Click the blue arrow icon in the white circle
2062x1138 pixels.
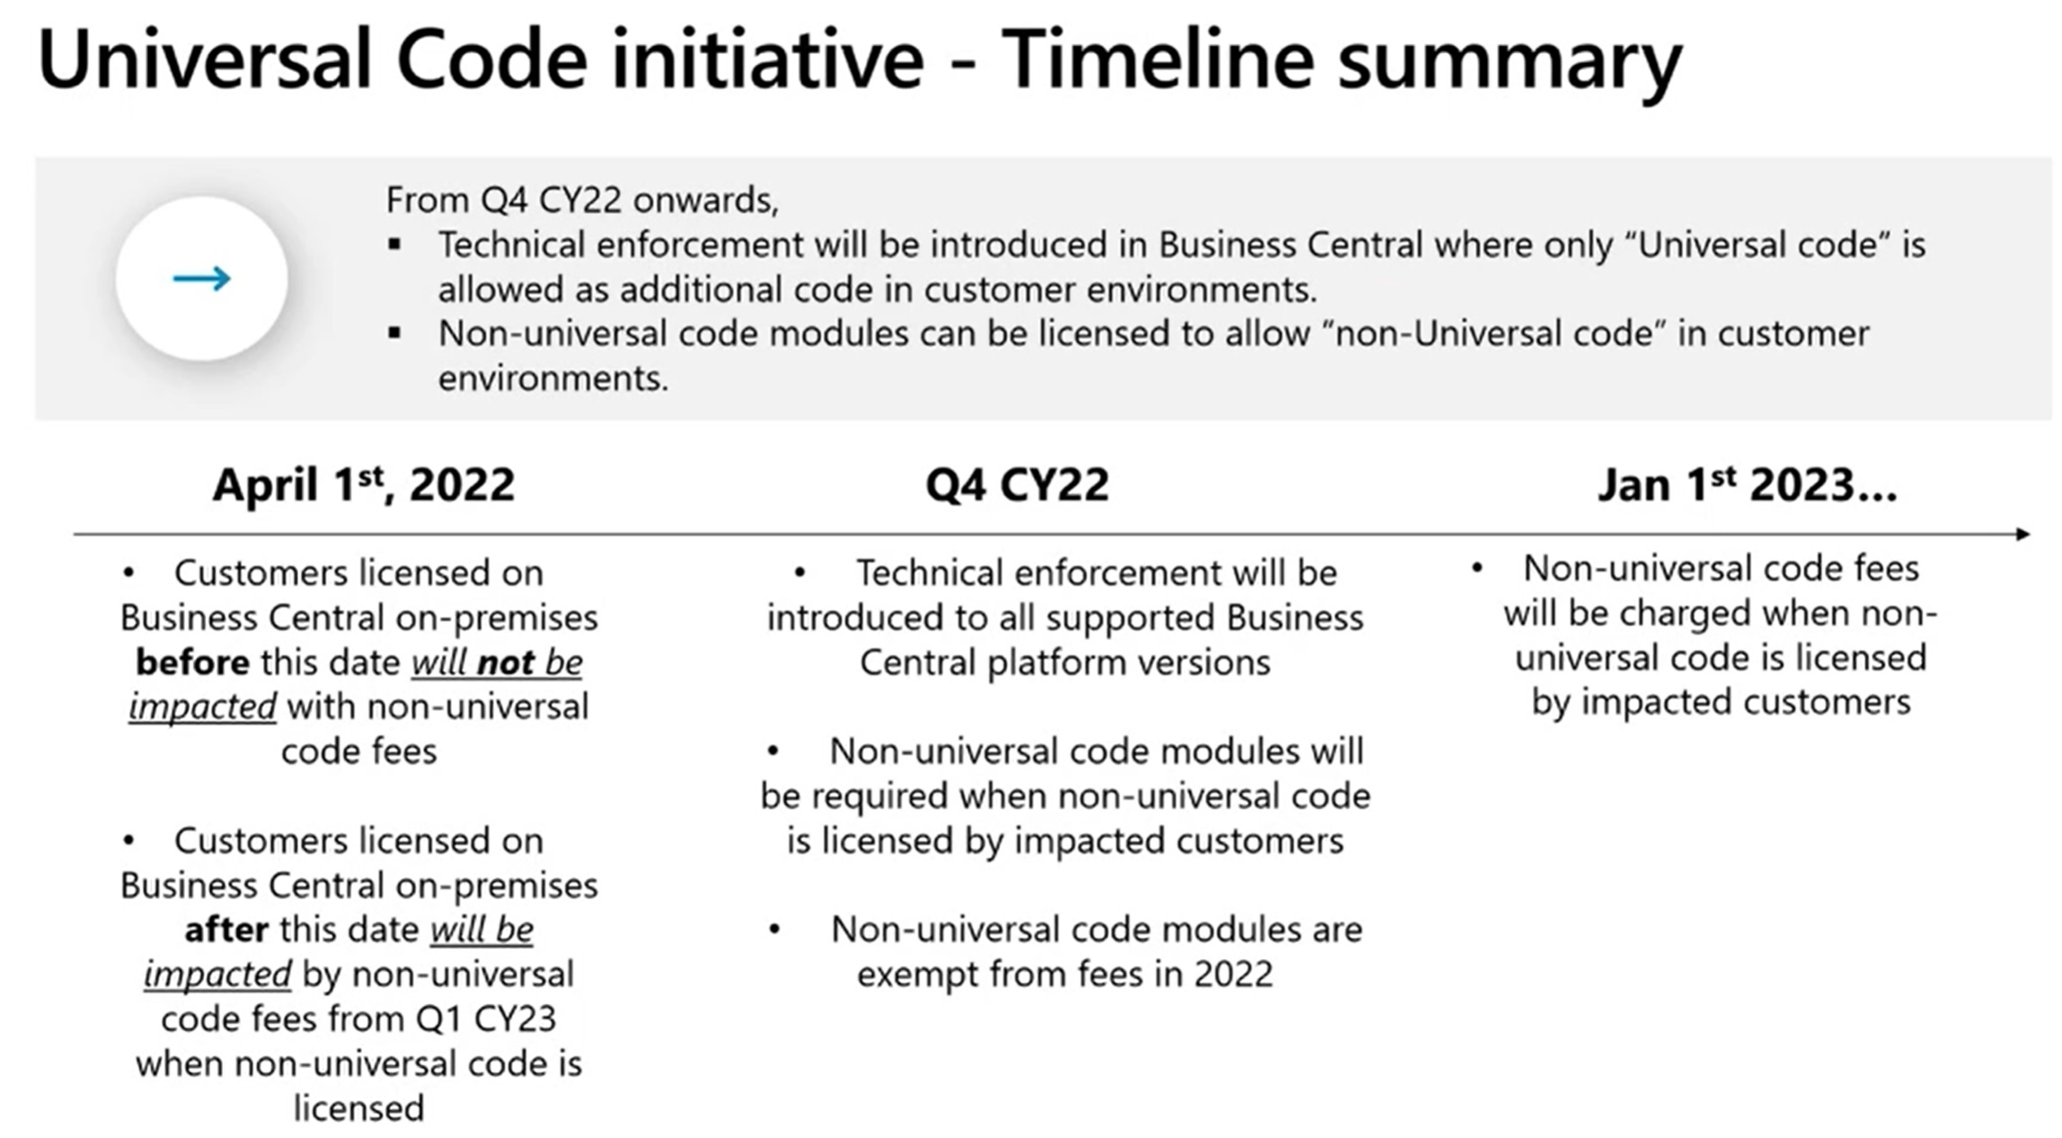pyautogui.click(x=202, y=279)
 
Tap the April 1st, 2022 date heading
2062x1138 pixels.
pyautogui.click(x=363, y=485)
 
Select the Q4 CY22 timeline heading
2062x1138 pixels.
pyautogui.click(x=1017, y=485)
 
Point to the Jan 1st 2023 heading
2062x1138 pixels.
pyautogui.click(x=1747, y=485)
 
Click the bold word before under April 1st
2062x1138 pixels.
pyautogui.click(x=192, y=663)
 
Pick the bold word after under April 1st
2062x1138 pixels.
pyautogui.click(x=226, y=929)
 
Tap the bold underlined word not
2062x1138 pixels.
pyautogui.click(x=506, y=663)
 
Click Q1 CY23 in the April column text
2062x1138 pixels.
pyautogui.click(x=485, y=1019)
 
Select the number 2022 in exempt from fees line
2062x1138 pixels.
pyautogui.click(x=1233, y=974)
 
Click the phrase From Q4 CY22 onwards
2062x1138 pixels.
pyautogui.click(x=582, y=200)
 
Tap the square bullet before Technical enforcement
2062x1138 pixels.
pyautogui.click(x=394, y=244)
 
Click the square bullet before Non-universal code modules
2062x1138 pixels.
pyautogui.click(x=394, y=333)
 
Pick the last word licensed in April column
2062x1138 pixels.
pyautogui.click(x=358, y=1108)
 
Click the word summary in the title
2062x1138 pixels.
pyautogui.click(x=1509, y=59)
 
